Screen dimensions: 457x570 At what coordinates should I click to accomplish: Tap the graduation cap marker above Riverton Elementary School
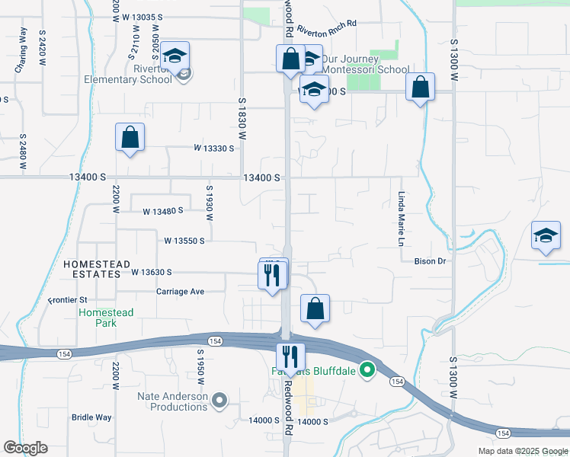[175, 57]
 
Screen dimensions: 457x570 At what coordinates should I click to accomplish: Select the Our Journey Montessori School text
[366, 64]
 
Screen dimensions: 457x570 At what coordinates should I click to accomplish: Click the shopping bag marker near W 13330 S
[130, 139]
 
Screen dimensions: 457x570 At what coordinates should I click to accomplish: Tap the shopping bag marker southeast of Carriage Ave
[315, 309]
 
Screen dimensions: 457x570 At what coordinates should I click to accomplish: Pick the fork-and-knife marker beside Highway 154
[290, 357]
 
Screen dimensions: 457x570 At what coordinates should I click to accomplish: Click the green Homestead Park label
[106, 318]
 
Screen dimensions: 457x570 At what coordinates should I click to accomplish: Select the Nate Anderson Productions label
[173, 401]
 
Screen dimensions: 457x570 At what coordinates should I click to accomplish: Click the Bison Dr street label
[430, 261]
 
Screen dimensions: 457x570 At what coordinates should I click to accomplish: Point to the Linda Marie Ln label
[400, 218]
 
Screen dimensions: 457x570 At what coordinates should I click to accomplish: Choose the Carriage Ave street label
[181, 292]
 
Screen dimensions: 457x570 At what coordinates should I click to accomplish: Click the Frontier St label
[69, 300]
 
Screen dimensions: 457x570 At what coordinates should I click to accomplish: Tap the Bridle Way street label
[91, 417]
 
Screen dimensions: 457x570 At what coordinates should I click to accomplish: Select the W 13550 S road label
[184, 241]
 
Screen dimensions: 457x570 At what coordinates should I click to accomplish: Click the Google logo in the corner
[25, 448]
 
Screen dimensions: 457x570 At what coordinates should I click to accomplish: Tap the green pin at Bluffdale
[367, 371]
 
